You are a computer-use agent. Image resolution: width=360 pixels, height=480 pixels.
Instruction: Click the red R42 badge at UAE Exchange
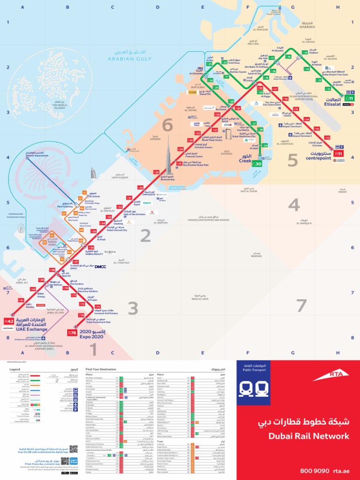pyautogui.click(x=9, y=322)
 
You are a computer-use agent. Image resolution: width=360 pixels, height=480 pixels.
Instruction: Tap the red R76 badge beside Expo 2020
pyautogui.click(x=72, y=332)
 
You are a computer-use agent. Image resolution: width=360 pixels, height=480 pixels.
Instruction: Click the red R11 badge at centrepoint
pyautogui.click(x=339, y=153)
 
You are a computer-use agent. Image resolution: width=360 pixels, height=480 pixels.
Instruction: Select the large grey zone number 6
pyautogui.click(x=167, y=126)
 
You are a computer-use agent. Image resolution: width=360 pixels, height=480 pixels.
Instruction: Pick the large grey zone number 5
pyautogui.click(x=292, y=160)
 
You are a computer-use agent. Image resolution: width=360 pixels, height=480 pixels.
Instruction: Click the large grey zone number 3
pyautogui.click(x=133, y=309)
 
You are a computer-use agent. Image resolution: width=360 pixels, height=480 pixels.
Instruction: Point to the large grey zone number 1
pyautogui.click(x=92, y=349)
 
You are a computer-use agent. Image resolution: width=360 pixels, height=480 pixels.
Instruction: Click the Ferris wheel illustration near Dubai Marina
pyautogui.click(x=20, y=229)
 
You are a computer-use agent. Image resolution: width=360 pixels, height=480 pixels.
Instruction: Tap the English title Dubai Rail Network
pyautogui.click(x=309, y=436)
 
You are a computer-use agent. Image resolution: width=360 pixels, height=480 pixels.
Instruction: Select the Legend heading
pyautogui.click(x=15, y=369)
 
